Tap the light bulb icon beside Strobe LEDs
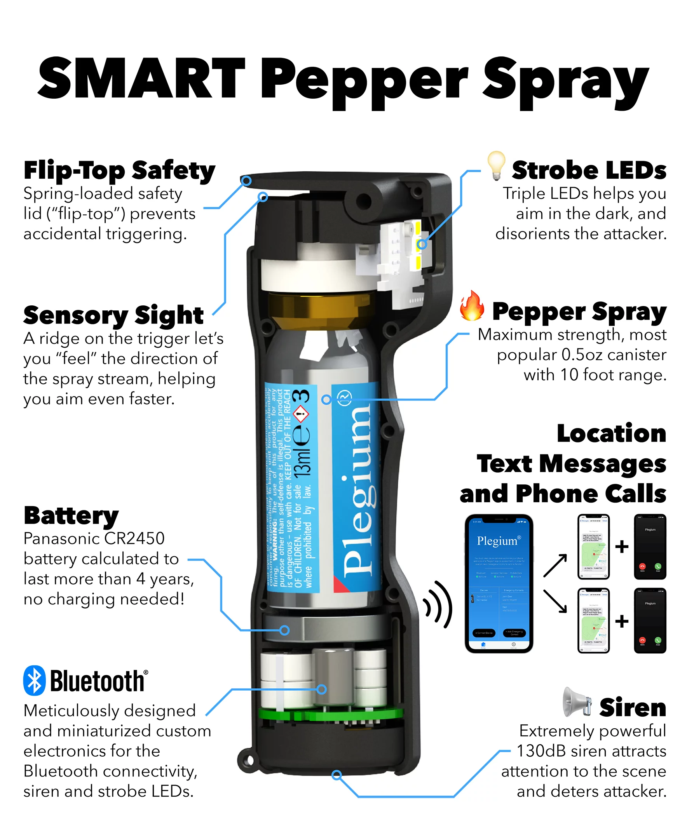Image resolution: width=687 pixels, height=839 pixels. click(x=496, y=165)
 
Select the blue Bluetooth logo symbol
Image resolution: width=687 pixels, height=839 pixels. click(x=35, y=681)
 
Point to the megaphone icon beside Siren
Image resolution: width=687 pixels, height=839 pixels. click(x=577, y=702)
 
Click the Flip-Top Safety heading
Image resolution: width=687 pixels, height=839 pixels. click(x=119, y=171)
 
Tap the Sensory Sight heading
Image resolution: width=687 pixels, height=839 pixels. click(x=113, y=315)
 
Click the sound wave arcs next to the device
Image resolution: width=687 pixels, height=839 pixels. click(x=438, y=604)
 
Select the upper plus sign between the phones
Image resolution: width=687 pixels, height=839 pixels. click(x=622, y=547)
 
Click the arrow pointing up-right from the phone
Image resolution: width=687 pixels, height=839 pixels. click(x=555, y=565)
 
